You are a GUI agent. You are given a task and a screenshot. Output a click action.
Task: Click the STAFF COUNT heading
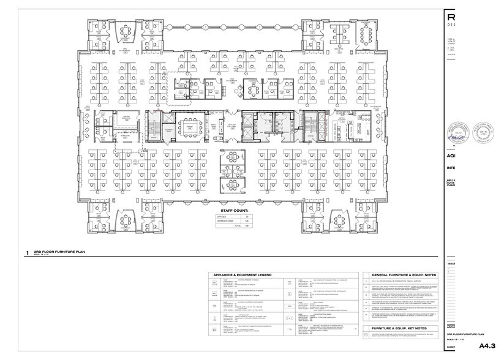point(235,209)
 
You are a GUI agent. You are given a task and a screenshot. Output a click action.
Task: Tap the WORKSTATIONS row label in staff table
point(226,222)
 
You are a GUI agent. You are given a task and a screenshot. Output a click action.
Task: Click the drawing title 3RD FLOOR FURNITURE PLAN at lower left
point(59,252)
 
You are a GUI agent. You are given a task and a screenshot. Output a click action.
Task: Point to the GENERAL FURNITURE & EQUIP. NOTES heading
point(399,276)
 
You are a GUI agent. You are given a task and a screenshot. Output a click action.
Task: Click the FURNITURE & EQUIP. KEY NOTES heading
point(397,328)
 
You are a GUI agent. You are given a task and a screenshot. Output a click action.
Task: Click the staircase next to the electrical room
point(152,127)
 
